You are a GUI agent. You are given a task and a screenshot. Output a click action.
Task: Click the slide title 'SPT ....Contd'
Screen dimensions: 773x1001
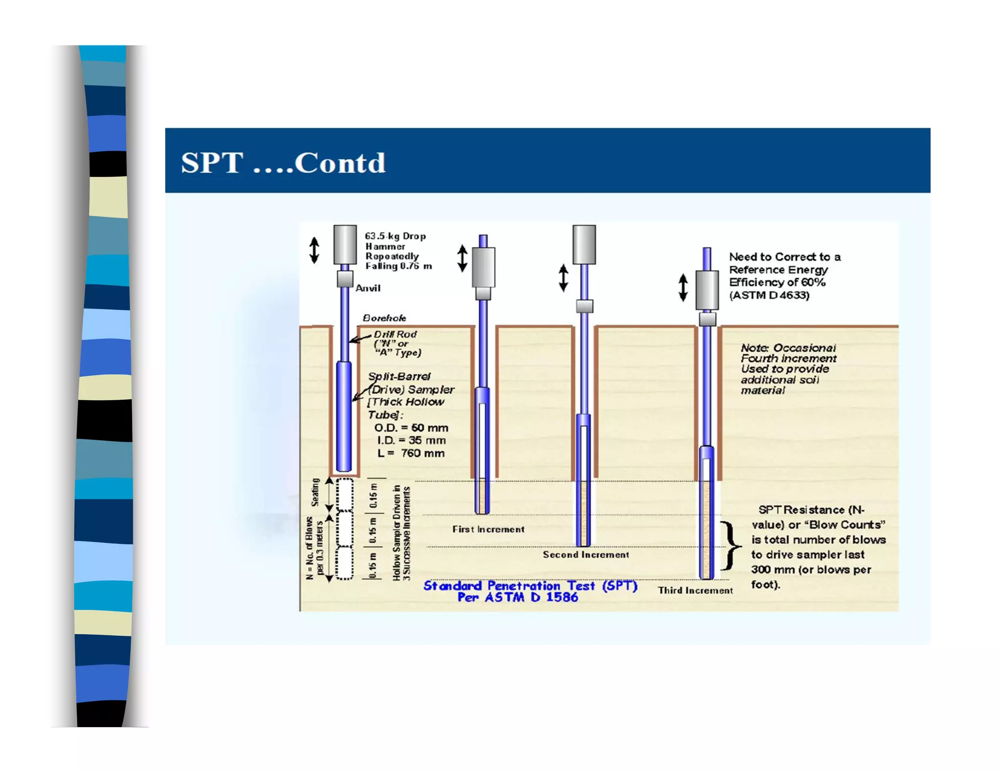[283, 162]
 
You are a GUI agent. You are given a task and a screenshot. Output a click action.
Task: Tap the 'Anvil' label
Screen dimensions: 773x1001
[368, 288]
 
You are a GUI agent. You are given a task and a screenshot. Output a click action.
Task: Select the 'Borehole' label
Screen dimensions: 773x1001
[384, 318]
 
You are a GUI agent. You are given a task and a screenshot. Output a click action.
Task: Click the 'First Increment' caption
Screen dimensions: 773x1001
[488, 529]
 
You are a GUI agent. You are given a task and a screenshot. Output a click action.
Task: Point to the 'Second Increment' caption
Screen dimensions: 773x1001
[586, 555]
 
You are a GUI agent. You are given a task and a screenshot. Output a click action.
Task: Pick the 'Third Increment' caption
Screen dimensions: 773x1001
[695, 590]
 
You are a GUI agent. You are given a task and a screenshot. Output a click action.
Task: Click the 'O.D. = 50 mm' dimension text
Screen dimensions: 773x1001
[411, 428]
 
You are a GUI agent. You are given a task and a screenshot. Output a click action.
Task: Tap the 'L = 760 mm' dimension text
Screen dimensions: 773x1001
[411, 453]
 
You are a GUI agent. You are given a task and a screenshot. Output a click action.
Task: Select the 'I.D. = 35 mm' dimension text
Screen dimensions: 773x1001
[411, 441]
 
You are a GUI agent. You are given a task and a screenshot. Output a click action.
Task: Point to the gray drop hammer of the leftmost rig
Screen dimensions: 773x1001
[345, 244]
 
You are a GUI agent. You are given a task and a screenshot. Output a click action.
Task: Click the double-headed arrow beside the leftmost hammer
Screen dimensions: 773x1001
[314, 250]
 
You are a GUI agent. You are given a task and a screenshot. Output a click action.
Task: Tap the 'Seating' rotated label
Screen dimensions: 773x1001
[315, 493]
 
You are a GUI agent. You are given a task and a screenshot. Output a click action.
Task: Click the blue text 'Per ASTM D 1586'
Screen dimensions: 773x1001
[518, 597]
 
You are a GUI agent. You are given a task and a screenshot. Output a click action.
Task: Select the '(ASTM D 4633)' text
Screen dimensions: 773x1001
[769, 295]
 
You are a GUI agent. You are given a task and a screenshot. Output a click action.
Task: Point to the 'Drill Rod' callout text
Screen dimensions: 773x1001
[395, 334]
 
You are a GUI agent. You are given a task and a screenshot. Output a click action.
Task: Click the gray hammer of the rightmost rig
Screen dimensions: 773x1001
[707, 290]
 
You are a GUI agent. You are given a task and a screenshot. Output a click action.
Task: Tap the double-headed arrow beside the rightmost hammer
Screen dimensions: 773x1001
[683, 287]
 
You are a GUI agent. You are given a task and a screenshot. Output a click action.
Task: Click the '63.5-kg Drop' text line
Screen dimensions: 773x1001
[395, 236]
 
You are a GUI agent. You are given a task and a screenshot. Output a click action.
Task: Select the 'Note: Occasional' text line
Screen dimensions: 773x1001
[788, 348]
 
